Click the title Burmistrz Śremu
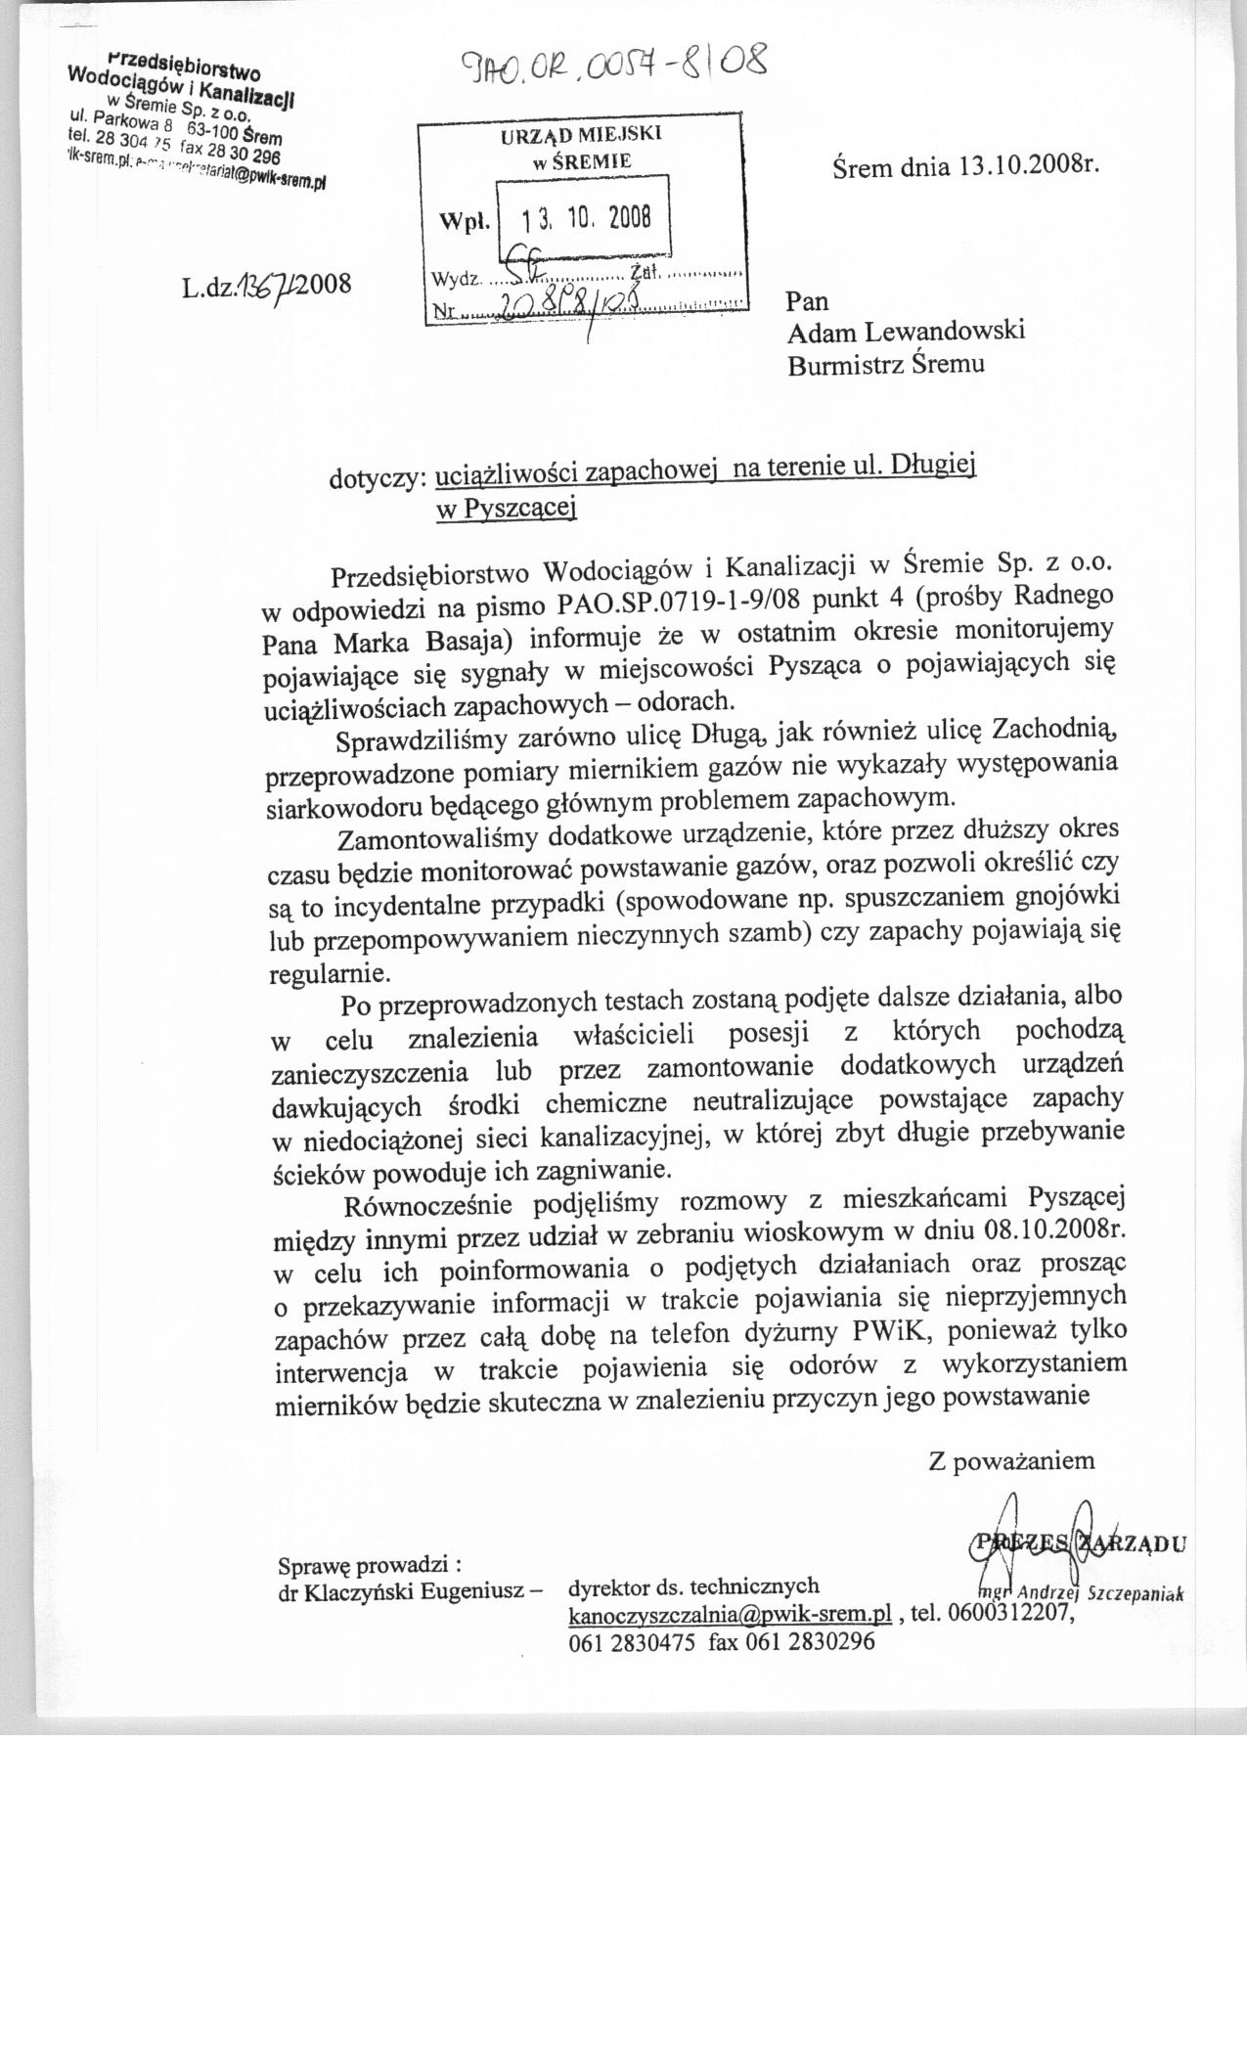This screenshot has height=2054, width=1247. pos(887,364)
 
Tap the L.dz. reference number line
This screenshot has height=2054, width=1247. pos(265,285)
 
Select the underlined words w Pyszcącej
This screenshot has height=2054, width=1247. pos(507,508)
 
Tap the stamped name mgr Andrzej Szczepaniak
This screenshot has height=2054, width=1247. pos(1081,1591)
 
